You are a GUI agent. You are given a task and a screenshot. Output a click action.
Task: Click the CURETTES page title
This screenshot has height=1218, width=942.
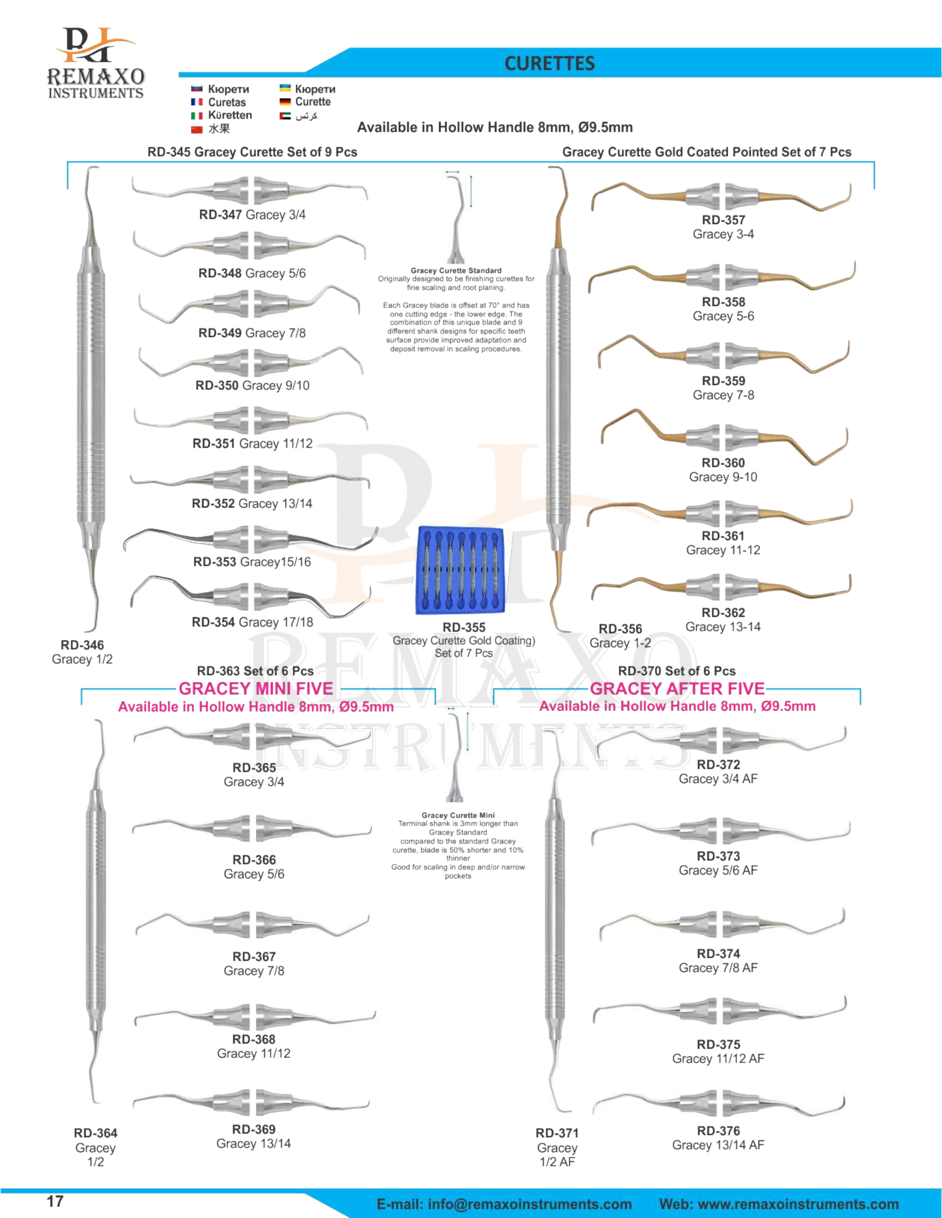(549, 63)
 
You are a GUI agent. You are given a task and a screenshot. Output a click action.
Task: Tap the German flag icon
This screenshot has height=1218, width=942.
(285, 102)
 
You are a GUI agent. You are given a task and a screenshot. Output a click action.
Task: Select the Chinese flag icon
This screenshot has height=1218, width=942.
(196, 130)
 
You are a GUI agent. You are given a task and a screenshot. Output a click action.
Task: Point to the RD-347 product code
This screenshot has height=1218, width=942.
(220, 215)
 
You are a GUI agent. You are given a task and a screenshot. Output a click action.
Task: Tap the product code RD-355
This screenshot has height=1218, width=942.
(464, 627)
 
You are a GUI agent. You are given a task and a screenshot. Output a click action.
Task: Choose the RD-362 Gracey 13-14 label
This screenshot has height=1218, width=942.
(723, 620)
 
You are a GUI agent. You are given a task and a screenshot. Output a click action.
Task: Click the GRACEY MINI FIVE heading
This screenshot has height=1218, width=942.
(256, 689)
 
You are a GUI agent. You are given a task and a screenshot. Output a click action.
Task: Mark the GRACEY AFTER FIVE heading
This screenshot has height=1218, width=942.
(677, 689)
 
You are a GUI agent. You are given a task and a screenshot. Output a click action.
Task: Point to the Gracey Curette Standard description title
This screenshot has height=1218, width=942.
(456, 271)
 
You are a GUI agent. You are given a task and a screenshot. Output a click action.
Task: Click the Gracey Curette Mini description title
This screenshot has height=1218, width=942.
(458, 815)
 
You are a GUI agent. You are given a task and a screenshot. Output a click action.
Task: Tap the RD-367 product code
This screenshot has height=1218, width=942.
(254, 956)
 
